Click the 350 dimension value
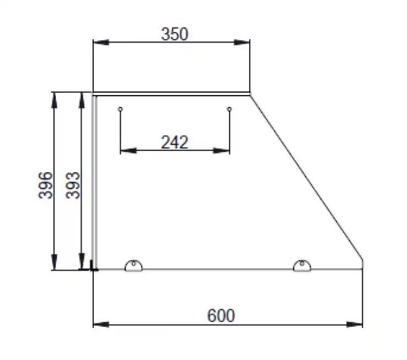pyautogui.click(x=174, y=34)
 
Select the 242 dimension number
pyautogui.click(x=174, y=142)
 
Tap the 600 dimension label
pyautogui.click(x=221, y=316)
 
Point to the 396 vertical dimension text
pyautogui.click(x=45, y=186)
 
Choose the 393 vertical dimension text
pyautogui.click(x=72, y=186)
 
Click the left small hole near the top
pyautogui.click(x=120, y=109)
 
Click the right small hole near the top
pyautogui.click(x=229, y=109)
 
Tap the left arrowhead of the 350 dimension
pyautogui.click(x=101, y=42)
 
